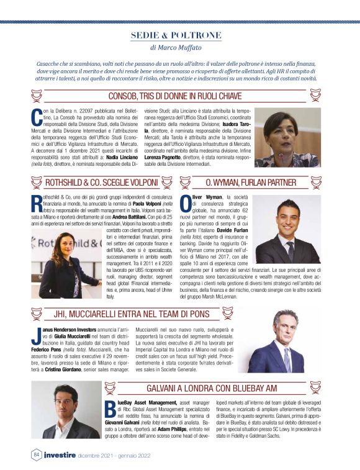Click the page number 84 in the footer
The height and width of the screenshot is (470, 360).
pyautogui.click(x=36, y=454)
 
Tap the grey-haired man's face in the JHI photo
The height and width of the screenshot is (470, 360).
pyautogui.click(x=285, y=328)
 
